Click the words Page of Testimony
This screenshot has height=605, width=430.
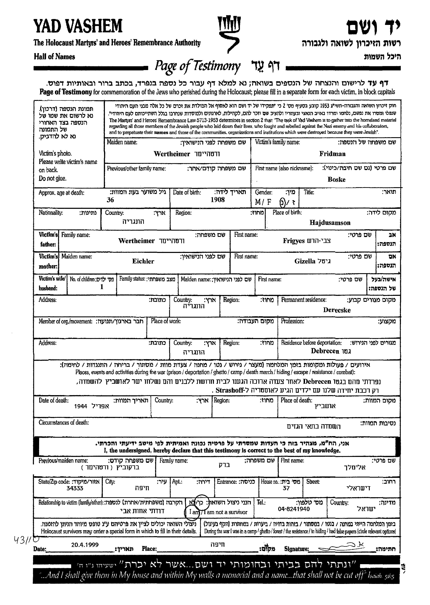(198, 66)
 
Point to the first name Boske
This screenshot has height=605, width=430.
(336, 179)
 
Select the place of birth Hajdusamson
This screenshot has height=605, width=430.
(330, 223)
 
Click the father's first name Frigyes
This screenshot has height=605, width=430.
(294, 241)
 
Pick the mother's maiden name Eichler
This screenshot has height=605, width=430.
(143, 261)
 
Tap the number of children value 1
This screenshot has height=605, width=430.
(102, 287)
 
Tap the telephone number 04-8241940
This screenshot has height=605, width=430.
(294, 509)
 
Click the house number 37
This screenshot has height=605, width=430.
(286, 488)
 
